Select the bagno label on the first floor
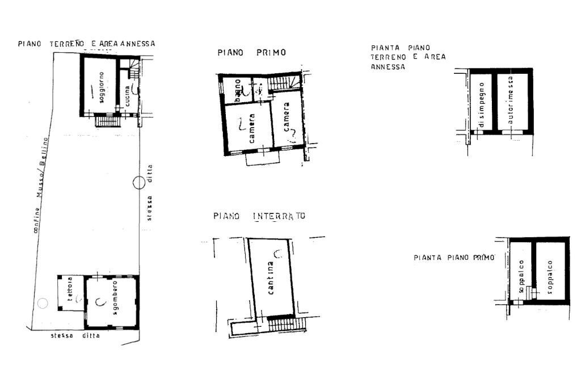click(x=239, y=89)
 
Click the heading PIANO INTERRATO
click(x=259, y=216)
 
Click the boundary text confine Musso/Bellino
click(x=40, y=184)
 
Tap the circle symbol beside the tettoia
click(x=42, y=303)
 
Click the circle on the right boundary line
click(x=139, y=183)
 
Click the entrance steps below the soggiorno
click(x=107, y=120)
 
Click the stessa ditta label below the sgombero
click(x=75, y=335)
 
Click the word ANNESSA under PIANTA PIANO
click(x=388, y=66)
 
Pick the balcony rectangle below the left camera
click(x=263, y=159)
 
